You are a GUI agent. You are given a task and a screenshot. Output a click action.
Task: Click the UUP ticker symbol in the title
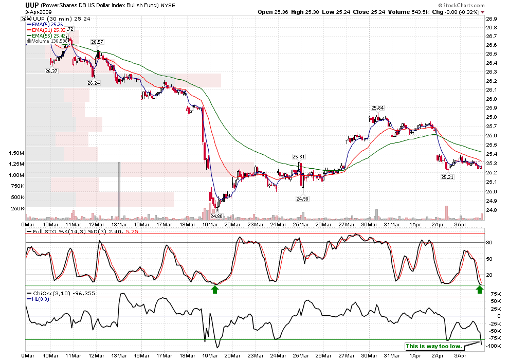coord(33,5)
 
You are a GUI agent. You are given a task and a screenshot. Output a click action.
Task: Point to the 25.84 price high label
coord(378,107)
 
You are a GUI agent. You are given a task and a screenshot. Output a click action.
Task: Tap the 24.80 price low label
coord(216,216)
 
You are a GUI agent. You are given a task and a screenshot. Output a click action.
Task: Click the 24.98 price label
coord(302,198)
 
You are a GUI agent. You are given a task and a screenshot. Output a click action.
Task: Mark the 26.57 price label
coord(97,42)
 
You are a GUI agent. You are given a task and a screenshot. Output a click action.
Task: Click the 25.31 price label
coord(299,156)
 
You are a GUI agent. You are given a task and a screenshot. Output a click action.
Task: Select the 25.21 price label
coord(447,177)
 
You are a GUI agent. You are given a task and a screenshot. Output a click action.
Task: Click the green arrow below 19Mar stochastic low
coord(215,290)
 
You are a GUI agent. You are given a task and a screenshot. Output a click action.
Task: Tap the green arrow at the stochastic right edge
coord(479,290)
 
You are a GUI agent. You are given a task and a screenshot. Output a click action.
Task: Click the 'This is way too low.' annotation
coord(433,346)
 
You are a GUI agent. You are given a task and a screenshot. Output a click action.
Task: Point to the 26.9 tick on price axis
coord(491,19)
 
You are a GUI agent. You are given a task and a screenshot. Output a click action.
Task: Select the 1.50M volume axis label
coord(16,153)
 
